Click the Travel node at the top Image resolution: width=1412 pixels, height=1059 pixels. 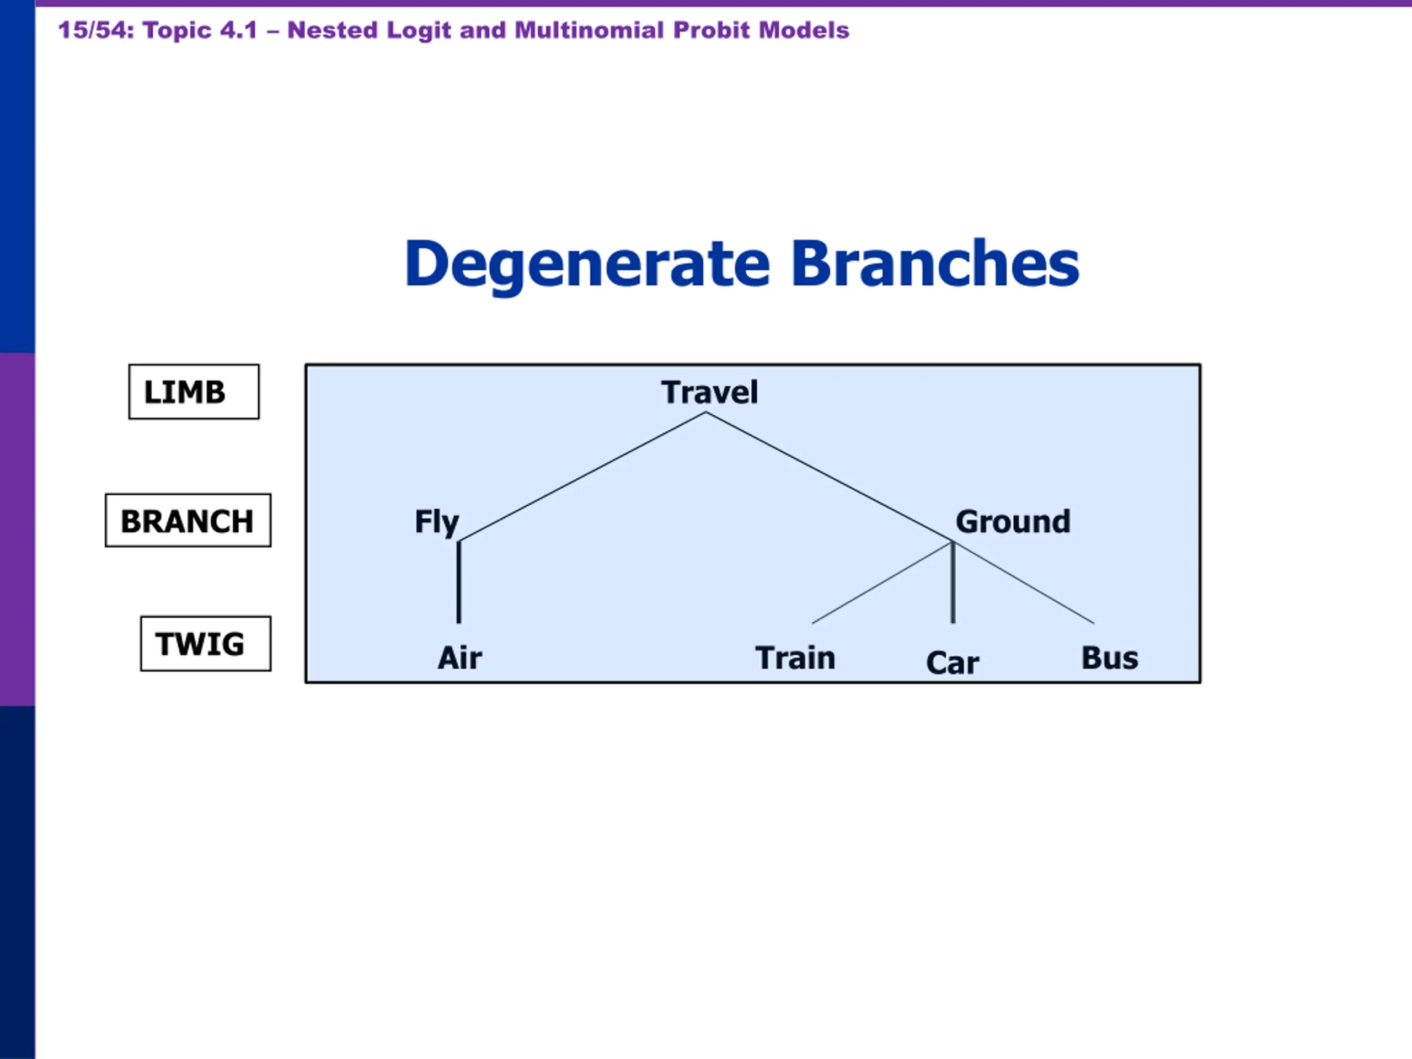click(709, 392)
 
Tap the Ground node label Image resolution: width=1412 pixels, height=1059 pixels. click(1013, 522)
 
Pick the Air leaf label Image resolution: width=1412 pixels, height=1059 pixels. click(459, 657)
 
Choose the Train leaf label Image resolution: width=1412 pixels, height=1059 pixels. click(795, 657)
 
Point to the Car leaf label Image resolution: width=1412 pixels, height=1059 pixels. click(953, 662)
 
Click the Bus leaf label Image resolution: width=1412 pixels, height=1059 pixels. click(1109, 657)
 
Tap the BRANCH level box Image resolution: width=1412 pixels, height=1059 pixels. click(188, 520)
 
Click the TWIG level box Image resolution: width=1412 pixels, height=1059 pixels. click(206, 644)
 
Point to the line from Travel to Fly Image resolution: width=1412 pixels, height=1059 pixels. click(582, 477)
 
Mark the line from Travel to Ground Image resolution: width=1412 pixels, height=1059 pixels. click(829, 477)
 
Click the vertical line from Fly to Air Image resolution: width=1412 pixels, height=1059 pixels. click(458, 582)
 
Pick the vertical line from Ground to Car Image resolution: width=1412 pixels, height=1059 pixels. click(953, 582)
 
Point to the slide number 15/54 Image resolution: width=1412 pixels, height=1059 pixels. click(96, 30)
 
